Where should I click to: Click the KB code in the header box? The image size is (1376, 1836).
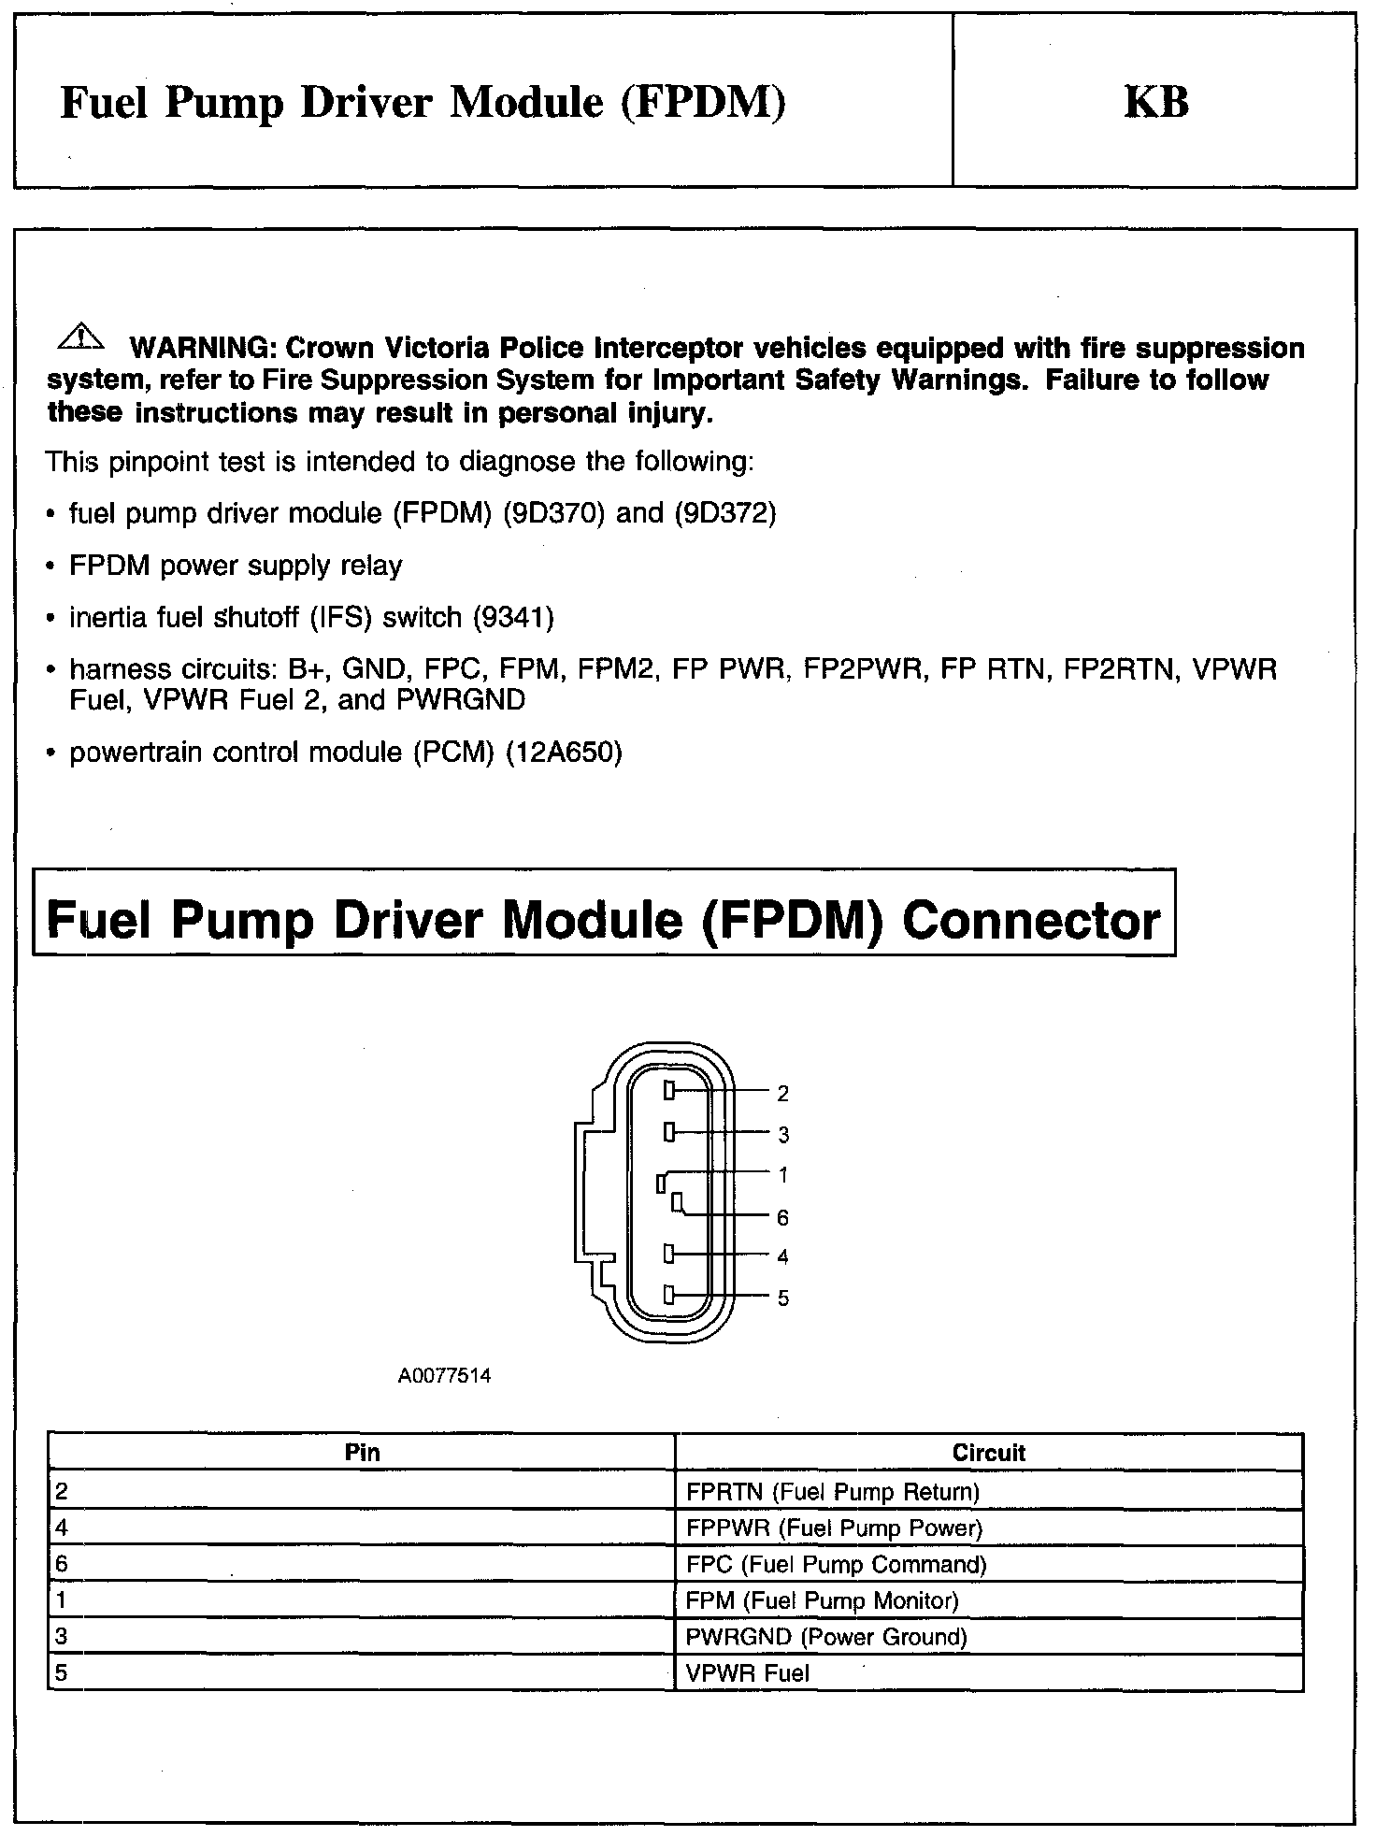(x=1155, y=102)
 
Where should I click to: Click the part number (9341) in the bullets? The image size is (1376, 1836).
(x=513, y=618)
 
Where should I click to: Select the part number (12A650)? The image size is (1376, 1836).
(x=564, y=753)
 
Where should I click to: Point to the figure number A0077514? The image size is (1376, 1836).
(x=444, y=1376)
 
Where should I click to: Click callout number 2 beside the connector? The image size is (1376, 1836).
(x=783, y=1093)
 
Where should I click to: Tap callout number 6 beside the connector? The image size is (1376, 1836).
(x=783, y=1217)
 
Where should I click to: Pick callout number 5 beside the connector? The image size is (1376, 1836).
(x=783, y=1298)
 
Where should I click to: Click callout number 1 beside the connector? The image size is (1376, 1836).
(x=783, y=1175)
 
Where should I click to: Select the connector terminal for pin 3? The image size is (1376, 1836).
(x=669, y=1133)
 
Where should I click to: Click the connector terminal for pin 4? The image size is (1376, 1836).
(x=669, y=1253)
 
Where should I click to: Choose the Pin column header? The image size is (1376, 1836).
(x=362, y=1453)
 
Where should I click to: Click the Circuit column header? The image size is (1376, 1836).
(x=988, y=1453)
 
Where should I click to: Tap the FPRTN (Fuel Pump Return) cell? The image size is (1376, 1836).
(x=832, y=1491)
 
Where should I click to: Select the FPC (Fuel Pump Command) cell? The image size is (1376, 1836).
(x=836, y=1564)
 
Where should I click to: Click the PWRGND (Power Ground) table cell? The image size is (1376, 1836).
(x=826, y=1637)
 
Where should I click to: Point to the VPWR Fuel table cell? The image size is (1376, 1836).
(x=748, y=1673)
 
